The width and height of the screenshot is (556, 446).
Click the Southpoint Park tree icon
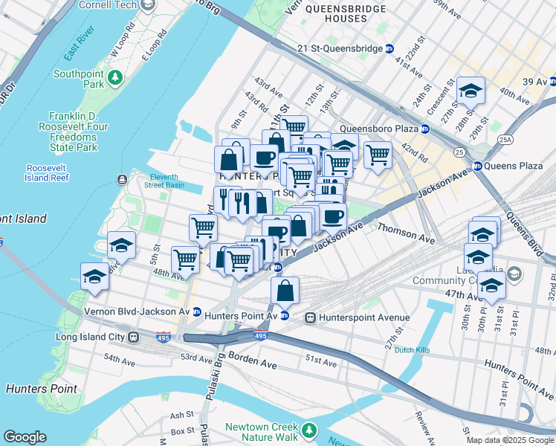115,77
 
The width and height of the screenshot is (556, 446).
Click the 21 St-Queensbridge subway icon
389,49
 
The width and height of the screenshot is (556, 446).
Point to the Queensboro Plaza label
379,129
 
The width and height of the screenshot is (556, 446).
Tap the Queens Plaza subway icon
477,166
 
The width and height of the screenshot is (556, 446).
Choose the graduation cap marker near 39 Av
471,91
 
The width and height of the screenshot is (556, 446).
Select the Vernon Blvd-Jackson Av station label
137,311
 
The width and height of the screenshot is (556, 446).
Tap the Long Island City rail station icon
134,337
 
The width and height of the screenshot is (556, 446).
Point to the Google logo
24,437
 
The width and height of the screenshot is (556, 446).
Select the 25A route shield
505,139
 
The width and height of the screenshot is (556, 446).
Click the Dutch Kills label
413,349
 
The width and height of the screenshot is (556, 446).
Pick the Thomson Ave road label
406,234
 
